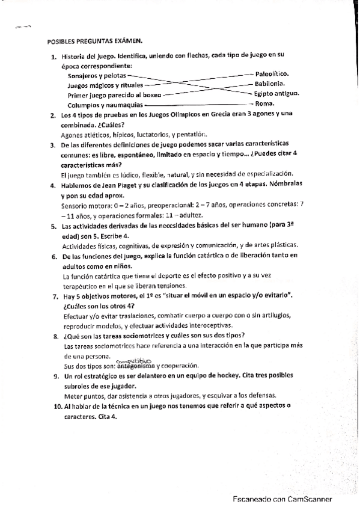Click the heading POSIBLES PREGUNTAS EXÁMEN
point(94,41)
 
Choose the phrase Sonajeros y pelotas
point(97,76)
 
